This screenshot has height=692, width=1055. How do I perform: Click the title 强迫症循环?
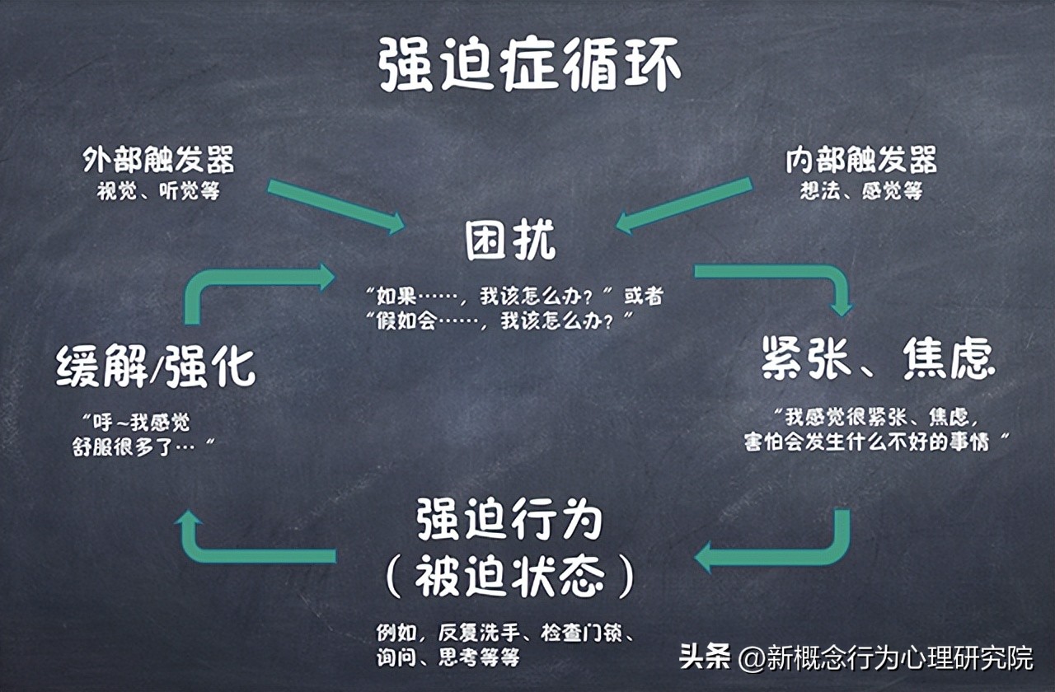click(529, 66)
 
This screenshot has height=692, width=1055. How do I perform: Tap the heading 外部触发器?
click(158, 160)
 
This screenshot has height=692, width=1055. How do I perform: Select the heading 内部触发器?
click(860, 160)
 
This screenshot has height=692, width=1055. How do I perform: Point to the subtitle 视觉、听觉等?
click(158, 191)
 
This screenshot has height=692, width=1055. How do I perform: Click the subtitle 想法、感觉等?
click(860, 191)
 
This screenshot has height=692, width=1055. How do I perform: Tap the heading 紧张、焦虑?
click(878, 359)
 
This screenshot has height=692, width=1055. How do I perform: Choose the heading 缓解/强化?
click(157, 367)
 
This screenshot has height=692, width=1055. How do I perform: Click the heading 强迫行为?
click(509, 521)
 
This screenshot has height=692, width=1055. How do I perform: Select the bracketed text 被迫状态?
click(509, 579)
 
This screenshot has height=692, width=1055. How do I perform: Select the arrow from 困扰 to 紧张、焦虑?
click(791, 275)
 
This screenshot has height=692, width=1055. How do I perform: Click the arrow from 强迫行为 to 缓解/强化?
click(239, 552)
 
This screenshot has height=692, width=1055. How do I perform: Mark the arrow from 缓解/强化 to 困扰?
click(239, 280)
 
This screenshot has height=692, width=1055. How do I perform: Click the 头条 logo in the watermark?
click(706, 657)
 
